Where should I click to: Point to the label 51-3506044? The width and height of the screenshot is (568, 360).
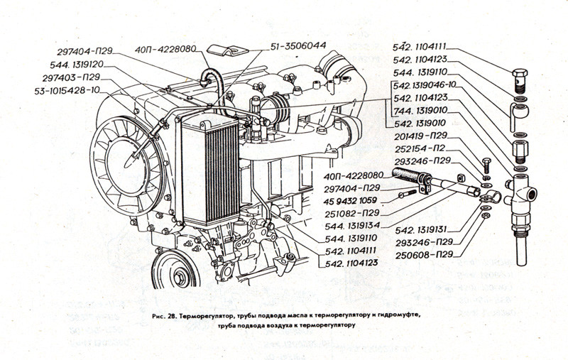[298, 45]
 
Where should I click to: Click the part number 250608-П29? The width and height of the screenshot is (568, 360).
[425, 254]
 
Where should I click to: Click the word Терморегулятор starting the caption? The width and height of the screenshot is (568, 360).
[210, 314]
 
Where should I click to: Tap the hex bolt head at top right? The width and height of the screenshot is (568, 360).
[520, 74]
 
